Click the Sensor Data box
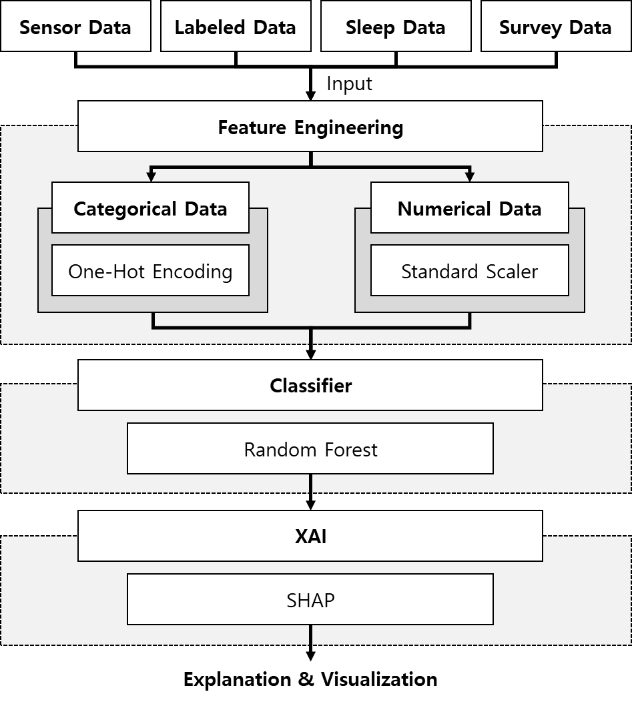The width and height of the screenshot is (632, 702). pyautogui.click(x=75, y=27)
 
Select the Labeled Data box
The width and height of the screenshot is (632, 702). pyautogui.click(x=236, y=27)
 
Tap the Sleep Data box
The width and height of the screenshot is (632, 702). pyautogui.click(x=395, y=27)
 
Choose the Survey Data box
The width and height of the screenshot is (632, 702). pyautogui.click(x=555, y=27)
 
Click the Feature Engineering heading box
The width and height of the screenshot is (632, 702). pyautogui.click(x=310, y=127)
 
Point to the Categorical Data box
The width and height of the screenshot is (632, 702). pyautogui.click(x=150, y=208)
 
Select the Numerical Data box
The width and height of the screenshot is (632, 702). pyautogui.click(x=470, y=208)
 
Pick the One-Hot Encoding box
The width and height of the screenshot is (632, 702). pyautogui.click(x=150, y=271)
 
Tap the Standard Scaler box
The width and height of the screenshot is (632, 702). pyautogui.click(x=470, y=271)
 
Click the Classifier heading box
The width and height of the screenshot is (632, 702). pyautogui.click(x=310, y=386)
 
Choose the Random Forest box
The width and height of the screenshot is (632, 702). pyautogui.click(x=310, y=449)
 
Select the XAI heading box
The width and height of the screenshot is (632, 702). pyautogui.click(x=310, y=537)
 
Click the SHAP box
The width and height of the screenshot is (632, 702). pyautogui.click(x=310, y=600)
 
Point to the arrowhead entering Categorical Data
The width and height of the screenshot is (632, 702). pyautogui.click(x=151, y=177)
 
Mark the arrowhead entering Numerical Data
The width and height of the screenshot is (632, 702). pyautogui.click(x=470, y=177)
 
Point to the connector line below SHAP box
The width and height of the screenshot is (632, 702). pyautogui.click(x=310, y=635)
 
